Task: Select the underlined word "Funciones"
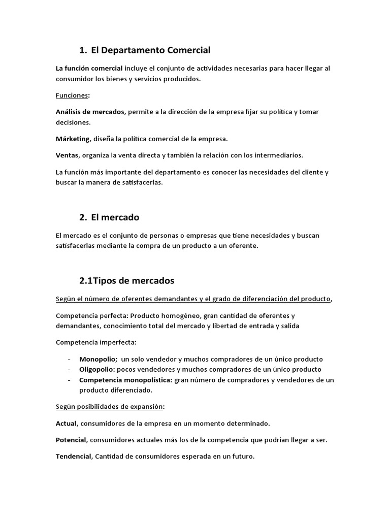[x=71, y=95]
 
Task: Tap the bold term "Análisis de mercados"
[x=90, y=112]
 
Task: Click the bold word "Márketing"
[x=73, y=139]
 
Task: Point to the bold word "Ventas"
[x=67, y=155]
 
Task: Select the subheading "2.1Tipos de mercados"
[x=126, y=280]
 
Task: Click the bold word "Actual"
[x=66, y=423]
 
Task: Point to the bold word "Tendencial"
[x=74, y=457]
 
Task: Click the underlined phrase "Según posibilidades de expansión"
[x=109, y=406]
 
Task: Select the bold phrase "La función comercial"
[x=89, y=68]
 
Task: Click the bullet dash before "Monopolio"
[x=69, y=359]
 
